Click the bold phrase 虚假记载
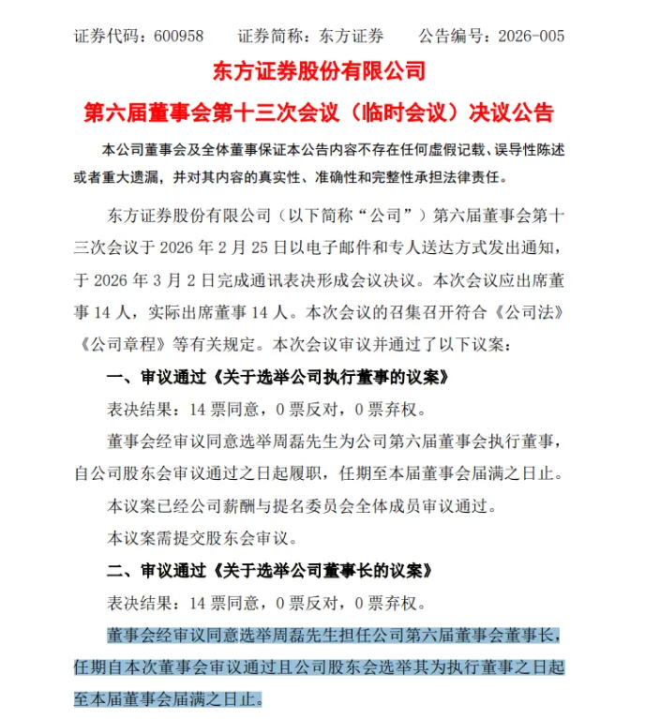pos(451,150)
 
